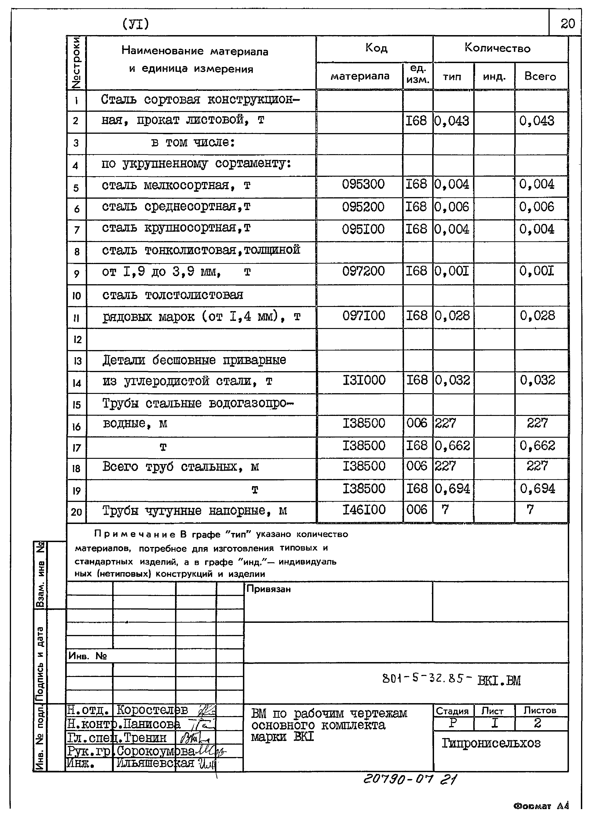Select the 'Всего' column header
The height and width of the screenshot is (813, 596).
pyautogui.click(x=540, y=76)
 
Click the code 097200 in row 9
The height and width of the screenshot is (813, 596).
pyautogui.click(x=363, y=271)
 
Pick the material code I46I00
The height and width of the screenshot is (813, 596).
pyautogui.click(x=364, y=510)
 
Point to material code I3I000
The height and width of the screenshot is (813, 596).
pyautogui.click(x=364, y=380)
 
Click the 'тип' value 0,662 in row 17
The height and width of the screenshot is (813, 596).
pyautogui.click(x=452, y=446)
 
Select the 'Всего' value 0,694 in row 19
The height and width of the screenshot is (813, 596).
pyautogui.click(x=537, y=489)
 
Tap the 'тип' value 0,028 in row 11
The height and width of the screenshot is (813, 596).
pyautogui.click(x=452, y=316)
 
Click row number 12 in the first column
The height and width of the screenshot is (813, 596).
pyautogui.click(x=77, y=340)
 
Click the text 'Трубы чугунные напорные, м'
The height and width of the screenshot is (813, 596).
pyautogui.click(x=195, y=511)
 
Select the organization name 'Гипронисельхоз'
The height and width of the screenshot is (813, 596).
pyautogui.click(x=491, y=743)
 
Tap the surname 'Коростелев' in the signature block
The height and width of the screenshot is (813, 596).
pyautogui.click(x=152, y=710)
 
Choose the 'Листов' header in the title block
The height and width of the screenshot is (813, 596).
pyautogui.click(x=540, y=710)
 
